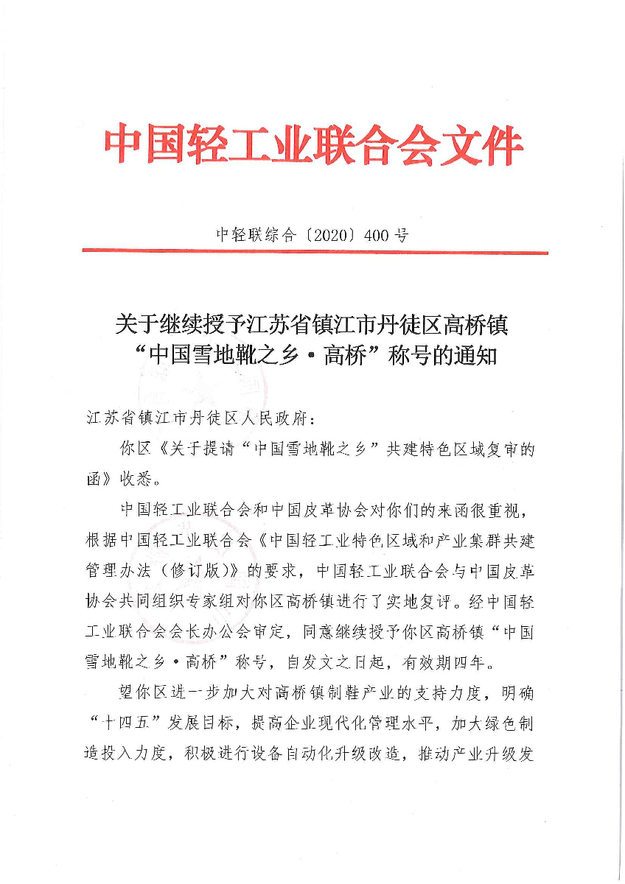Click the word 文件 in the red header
click(x=481, y=147)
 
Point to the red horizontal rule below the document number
click(x=315, y=252)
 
